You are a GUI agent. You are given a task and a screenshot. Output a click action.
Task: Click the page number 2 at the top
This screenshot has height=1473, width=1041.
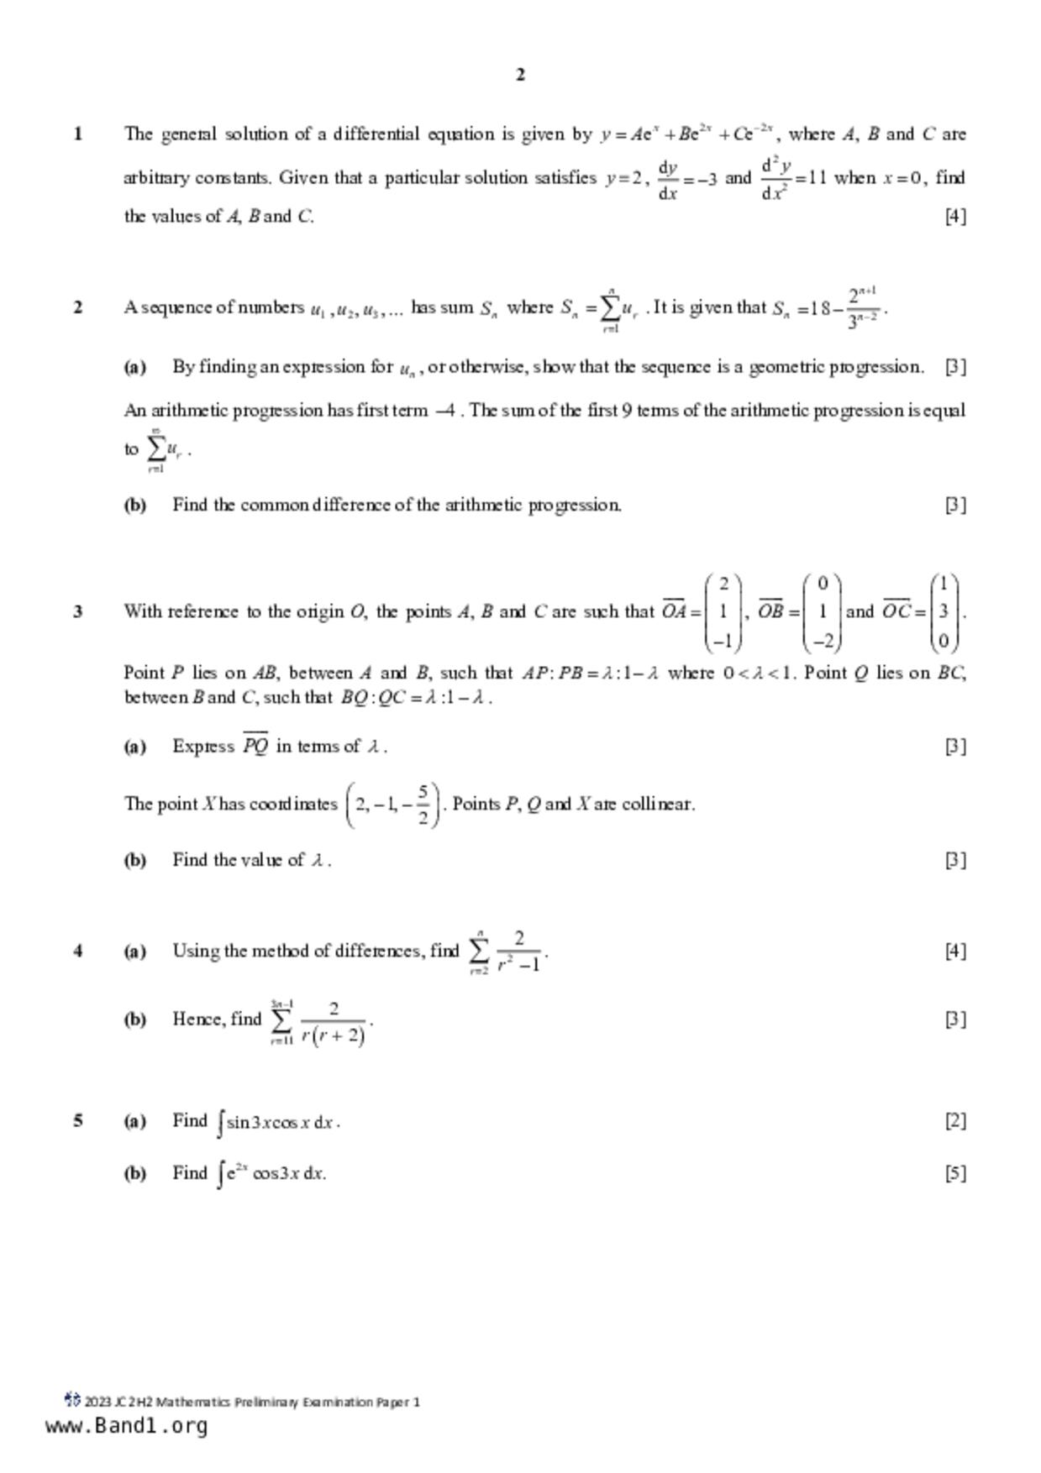tap(520, 75)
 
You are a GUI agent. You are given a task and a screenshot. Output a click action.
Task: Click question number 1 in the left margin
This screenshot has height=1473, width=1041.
tap(78, 134)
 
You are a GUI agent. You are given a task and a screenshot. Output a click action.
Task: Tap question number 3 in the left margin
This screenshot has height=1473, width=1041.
tap(78, 611)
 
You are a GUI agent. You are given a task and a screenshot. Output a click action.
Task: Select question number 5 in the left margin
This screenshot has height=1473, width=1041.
tap(78, 1120)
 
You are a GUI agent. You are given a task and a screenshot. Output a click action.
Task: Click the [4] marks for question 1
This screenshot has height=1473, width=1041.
tap(955, 216)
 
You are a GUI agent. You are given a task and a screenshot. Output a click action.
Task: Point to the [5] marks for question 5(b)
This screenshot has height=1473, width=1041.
tap(955, 1173)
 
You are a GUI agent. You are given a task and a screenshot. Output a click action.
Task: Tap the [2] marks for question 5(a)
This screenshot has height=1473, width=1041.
tap(955, 1120)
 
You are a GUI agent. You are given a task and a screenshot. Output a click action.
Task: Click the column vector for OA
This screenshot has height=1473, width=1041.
tap(723, 612)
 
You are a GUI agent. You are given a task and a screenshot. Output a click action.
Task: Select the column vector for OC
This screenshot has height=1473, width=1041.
tap(944, 612)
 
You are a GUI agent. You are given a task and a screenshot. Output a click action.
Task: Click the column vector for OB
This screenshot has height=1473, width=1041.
tap(823, 612)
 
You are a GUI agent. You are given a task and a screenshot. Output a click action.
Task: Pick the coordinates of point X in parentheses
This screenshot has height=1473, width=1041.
tap(392, 805)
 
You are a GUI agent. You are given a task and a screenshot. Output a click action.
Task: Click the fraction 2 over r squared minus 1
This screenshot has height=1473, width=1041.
tap(518, 951)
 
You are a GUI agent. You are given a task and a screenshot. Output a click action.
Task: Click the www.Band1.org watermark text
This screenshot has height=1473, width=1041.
tap(126, 1426)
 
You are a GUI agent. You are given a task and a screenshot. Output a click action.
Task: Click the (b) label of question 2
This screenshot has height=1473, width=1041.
tap(134, 505)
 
